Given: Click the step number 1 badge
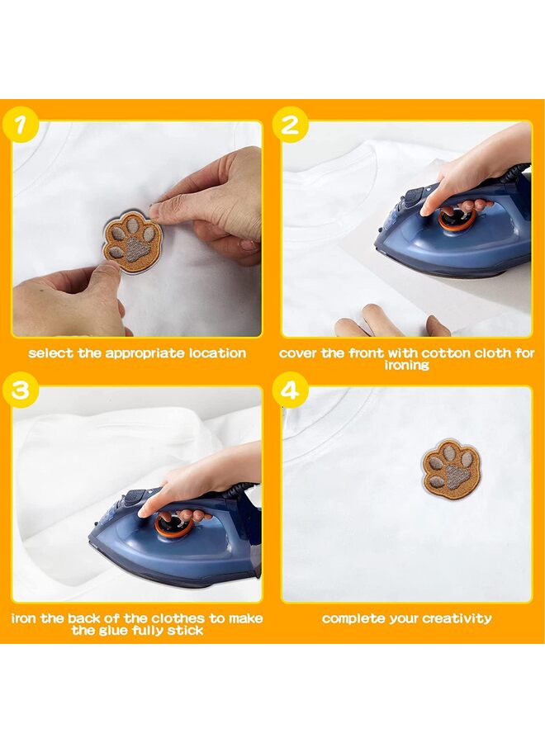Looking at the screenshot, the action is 20,125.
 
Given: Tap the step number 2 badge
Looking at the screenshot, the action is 290,125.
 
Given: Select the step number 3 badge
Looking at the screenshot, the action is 20,391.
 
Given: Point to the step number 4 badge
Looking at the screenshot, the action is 290,391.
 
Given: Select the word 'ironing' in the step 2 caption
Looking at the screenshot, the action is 406,366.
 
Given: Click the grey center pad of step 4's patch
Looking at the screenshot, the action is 454,476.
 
